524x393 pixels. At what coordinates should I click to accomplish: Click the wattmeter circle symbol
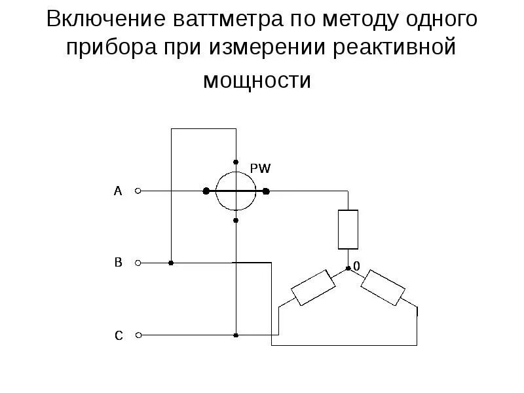[235, 191]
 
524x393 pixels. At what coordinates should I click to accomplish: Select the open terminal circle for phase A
[138, 191]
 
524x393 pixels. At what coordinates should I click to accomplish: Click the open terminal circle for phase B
[138, 263]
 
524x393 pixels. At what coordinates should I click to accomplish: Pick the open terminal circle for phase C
[138, 335]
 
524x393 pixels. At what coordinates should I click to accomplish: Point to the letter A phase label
[118, 191]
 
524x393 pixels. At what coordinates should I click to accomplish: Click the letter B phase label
[118, 263]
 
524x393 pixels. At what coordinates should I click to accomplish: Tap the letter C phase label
[119, 336]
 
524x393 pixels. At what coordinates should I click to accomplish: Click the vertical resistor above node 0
[348, 229]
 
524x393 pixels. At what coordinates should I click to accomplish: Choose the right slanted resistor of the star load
[384, 288]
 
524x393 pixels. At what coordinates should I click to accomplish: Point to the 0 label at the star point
[356, 266]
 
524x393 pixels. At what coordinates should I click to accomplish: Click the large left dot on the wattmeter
[206, 191]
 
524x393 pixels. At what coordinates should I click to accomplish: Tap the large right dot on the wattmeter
[266, 191]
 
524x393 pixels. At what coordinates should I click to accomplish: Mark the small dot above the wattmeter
[235, 161]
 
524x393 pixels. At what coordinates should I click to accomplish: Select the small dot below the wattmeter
[235, 221]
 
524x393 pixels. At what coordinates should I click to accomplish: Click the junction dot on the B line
[171, 263]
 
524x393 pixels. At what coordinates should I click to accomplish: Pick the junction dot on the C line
[235, 335]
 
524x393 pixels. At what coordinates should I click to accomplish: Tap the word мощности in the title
[257, 81]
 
